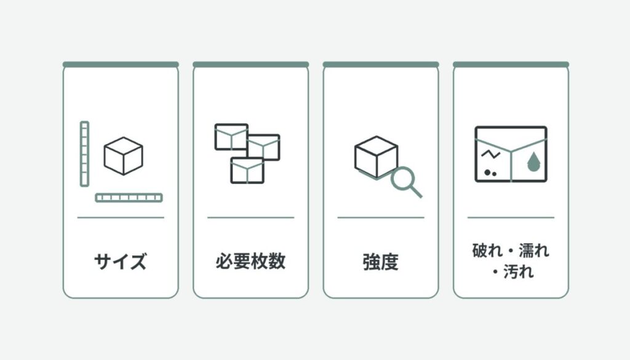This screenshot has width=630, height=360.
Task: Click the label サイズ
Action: tap(121, 261)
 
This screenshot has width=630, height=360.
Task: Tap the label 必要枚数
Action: tap(251, 261)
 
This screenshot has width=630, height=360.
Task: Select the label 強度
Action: tap(380, 262)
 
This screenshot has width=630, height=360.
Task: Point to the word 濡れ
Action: tap(534, 250)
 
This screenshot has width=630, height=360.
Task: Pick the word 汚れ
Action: tap(519, 272)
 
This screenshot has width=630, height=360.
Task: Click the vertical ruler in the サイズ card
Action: tap(84, 154)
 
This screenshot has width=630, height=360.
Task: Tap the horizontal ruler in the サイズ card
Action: tap(129, 198)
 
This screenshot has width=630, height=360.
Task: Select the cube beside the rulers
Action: tap(123, 156)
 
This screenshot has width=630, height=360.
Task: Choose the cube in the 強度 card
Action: tap(377, 157)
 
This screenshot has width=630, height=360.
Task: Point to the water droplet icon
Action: tap(533, 161)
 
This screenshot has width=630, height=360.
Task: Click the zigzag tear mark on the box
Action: tap(490, 154)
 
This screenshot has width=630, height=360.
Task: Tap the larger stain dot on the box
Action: tap(488, 172)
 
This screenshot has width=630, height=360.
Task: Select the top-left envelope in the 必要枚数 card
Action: tap(231, 137)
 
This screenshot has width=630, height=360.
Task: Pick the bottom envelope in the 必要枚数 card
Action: tap(247, 170)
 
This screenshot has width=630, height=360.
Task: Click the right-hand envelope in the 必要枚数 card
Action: tap(264, 148)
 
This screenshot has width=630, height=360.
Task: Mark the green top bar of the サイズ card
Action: tap(121, 65)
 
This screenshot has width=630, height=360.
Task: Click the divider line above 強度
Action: tap(381, 217)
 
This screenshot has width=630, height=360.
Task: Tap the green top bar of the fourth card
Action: tap(511, 65)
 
